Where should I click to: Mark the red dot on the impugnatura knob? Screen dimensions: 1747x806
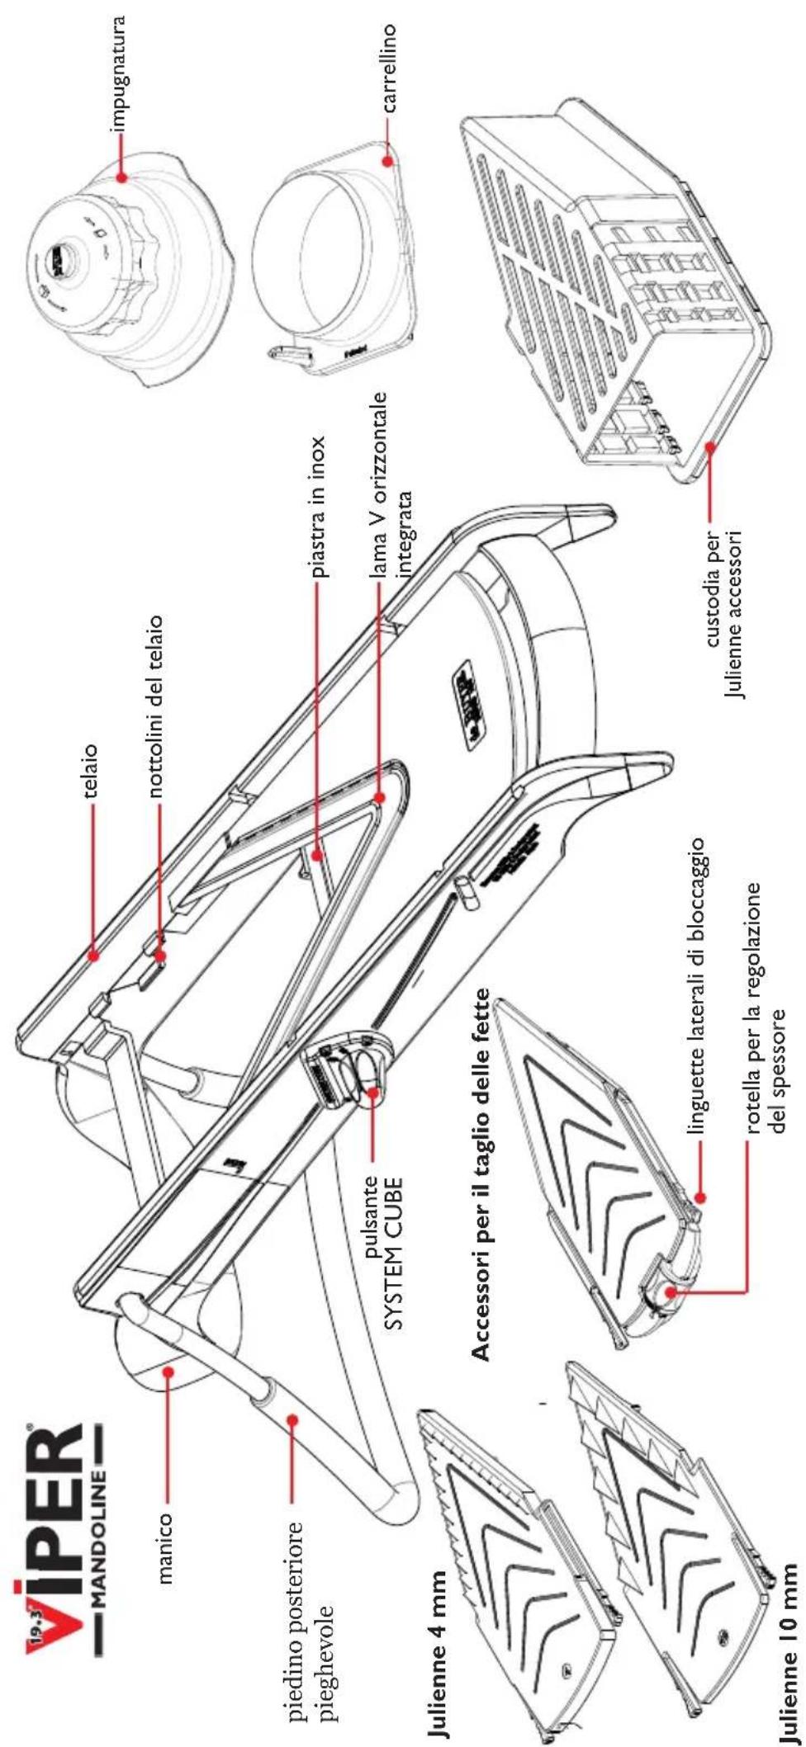click(x=121, y=177)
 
